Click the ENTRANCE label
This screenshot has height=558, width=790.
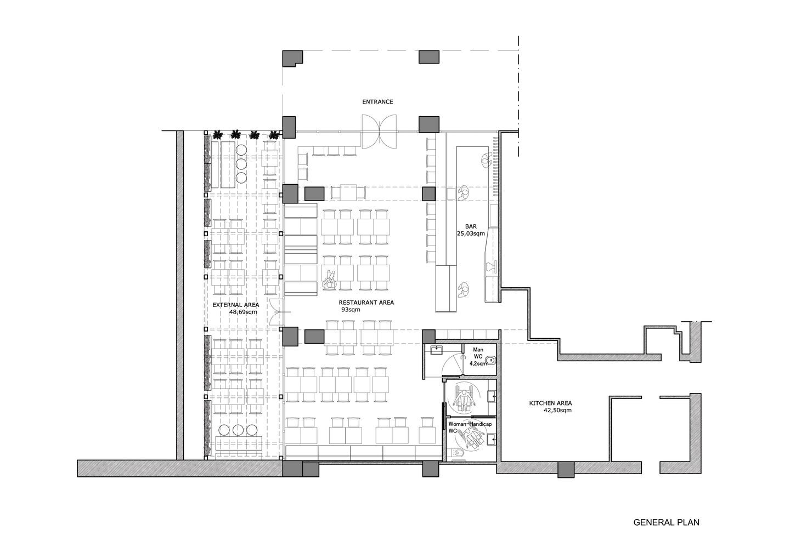(x=377, y=102)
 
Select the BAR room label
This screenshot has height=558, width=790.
(x=471, y=226)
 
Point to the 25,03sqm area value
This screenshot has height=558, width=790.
(x=471, y=233)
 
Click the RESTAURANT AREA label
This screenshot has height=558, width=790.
(x=366, y=303)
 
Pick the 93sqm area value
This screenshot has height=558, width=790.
(x=351, y=310)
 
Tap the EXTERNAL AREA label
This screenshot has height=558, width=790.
(x=235, y=305)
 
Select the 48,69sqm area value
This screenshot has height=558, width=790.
(x=243, y=312)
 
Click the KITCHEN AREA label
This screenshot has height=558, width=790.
(x=551, y=403)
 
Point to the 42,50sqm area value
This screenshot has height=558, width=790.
(x=557, y=411)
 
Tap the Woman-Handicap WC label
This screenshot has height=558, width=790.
(x=470, y=428)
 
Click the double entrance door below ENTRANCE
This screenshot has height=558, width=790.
(x=379, y=131)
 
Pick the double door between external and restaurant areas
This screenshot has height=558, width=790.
(x=277, y=311)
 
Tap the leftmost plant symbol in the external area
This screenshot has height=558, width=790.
(x=218, y=135)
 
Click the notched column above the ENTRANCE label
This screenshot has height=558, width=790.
(x=292, y=59)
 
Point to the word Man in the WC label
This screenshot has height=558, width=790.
(x=478, y=350)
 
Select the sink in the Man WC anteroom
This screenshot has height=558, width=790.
(x=437, y=350)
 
